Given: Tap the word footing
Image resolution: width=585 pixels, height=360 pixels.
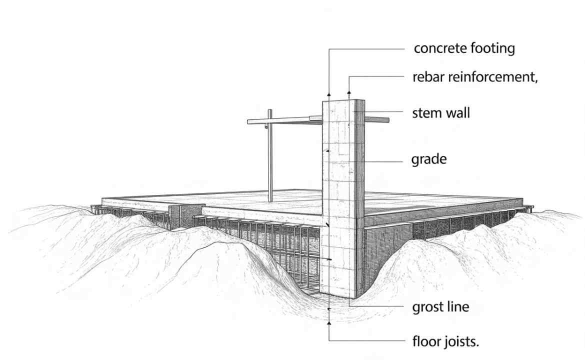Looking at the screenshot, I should (493, 49).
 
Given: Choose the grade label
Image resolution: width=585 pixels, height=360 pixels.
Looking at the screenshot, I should (429, 160).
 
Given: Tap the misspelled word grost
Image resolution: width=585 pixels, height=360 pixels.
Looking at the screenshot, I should (426, 306).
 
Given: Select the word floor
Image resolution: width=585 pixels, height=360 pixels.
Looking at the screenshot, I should (426, 342).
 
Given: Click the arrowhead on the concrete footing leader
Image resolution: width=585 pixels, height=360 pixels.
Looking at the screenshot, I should (329, 93).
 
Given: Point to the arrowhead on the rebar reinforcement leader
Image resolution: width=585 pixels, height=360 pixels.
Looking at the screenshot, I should (349, 92).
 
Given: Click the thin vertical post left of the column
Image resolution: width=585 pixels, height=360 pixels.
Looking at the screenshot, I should (270, 160).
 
